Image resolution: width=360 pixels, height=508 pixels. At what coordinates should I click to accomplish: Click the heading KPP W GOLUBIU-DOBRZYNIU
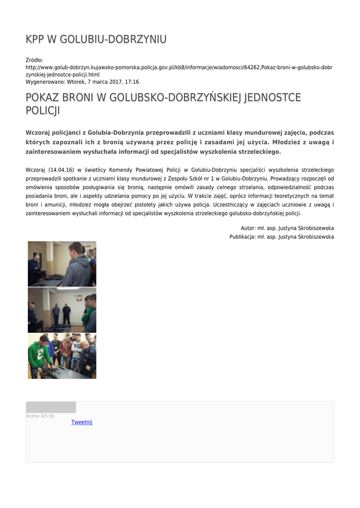tap(96, 39)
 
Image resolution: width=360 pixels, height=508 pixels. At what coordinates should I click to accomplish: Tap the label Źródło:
tap(34, 60)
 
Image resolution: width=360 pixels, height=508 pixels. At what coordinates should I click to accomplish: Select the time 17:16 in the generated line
tap(132, 82)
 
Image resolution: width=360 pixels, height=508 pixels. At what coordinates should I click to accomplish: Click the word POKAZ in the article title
tap(43, 98)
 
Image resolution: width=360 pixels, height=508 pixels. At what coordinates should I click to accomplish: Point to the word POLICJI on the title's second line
tap(43, 111)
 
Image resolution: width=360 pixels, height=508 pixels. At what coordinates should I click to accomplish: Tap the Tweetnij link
tap(82, 422)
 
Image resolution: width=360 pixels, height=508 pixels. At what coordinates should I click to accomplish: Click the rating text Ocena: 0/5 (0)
tap(40, 416)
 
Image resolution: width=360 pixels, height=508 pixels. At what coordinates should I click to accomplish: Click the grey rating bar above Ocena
tap(51, 407)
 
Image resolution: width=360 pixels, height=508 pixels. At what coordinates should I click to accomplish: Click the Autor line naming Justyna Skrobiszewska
tap(287, 228)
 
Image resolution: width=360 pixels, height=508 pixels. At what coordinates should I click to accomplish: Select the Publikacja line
tap(282, 237)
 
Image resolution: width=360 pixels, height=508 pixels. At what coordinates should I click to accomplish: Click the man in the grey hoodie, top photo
tap(76, 265)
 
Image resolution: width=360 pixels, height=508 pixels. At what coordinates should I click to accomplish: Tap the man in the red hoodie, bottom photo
tap(66, 350)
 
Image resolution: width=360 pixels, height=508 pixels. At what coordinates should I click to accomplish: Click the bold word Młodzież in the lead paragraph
tap(282, 142)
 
